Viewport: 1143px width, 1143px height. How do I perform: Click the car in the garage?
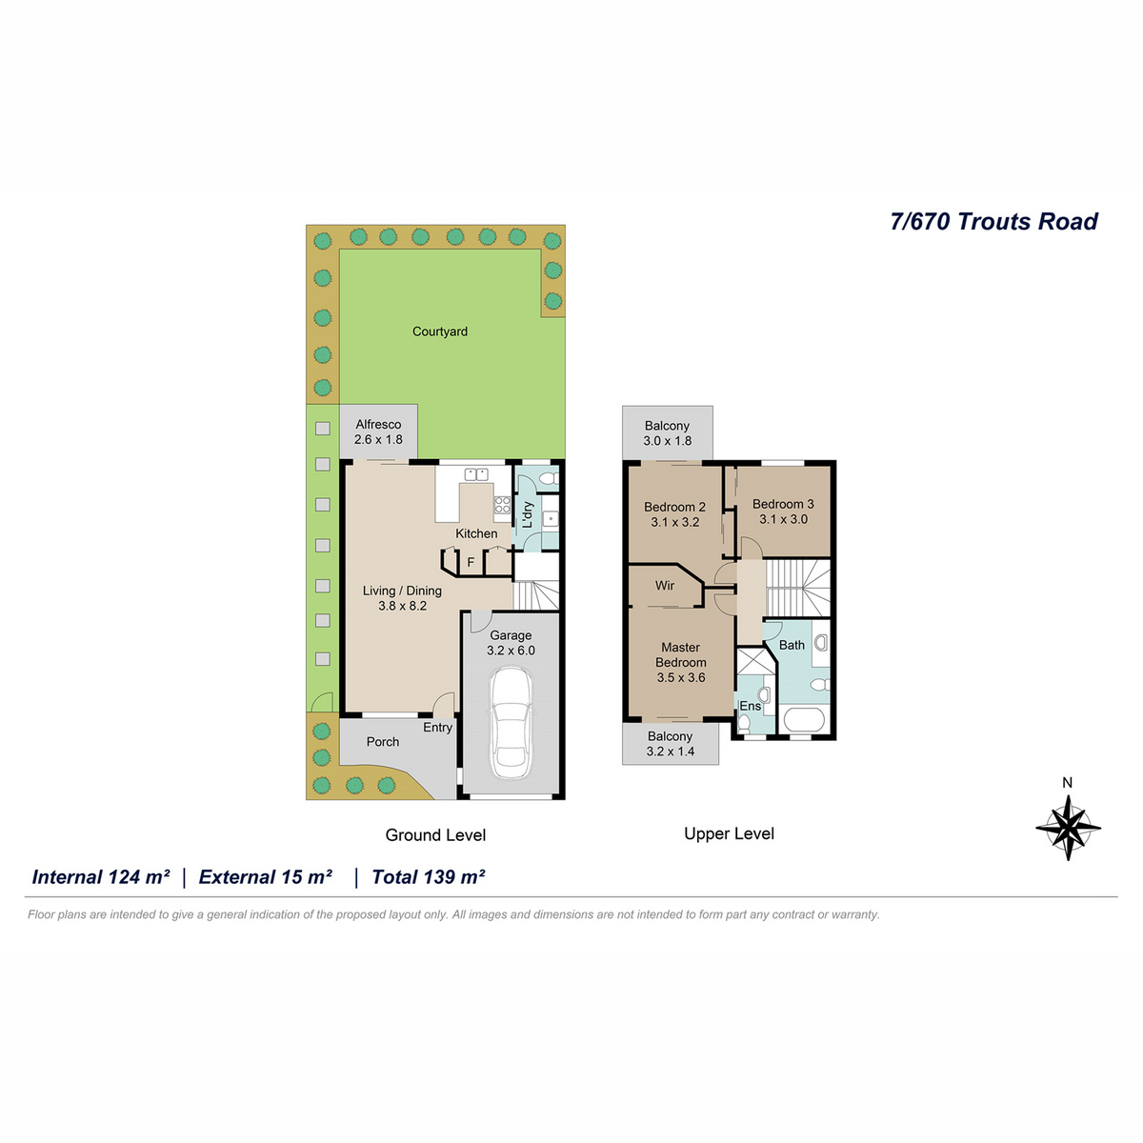(511, 723)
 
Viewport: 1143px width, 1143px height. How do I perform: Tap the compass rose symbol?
(1068, 828)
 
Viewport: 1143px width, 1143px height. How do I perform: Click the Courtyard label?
(439, 331)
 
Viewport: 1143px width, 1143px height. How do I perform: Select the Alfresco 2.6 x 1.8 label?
(378, 431)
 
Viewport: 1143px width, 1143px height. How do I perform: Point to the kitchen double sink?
(475, 474)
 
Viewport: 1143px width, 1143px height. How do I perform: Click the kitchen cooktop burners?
(502, 505)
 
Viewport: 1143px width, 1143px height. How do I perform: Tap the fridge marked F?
(471, 562)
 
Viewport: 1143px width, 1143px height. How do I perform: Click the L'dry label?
(528, 514)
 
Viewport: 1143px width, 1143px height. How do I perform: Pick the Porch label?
(383, 741)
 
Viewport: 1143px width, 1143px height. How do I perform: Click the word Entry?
(438, 728)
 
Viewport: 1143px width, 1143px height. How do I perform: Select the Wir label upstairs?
(665, 586)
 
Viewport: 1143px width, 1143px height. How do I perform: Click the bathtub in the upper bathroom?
(804, 721)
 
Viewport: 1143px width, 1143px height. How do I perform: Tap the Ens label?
(751, 706)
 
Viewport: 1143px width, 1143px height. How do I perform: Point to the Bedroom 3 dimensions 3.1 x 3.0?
(784, 519)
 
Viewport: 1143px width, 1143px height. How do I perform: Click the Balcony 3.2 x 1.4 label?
(671, 743)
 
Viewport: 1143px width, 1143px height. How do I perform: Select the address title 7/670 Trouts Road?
(994, 222)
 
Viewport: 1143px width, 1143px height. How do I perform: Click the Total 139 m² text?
(429, 877)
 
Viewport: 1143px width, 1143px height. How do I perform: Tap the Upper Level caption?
(729, 834)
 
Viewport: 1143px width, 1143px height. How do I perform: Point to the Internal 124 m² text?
(101, 877)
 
